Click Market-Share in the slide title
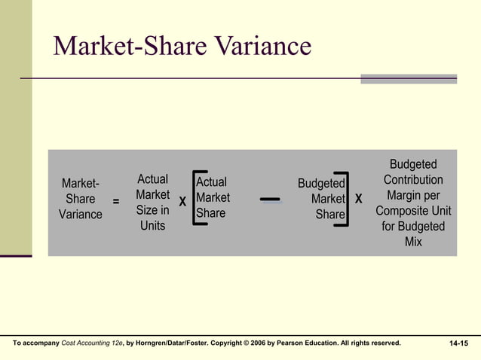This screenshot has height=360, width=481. (x=130, y=47)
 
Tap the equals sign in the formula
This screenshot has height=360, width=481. (x=115, y=202)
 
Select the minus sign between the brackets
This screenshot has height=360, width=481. (x=270, y=200)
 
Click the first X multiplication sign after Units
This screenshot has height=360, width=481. (x=182, y=201)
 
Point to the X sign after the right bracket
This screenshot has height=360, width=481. (x=358, y=200)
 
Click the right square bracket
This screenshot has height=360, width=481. (x=346, y=199)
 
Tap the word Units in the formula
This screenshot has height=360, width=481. (x=152, y=226)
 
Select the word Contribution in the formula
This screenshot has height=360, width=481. (x=413, y=180)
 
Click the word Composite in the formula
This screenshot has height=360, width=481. (x=401, y=211)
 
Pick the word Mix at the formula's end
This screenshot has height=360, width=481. (x=413, y=242)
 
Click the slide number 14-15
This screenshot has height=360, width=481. (x=458, y=343)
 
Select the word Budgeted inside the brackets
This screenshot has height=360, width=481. (x=321, y=184)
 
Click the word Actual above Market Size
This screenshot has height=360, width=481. (x=152, y=179)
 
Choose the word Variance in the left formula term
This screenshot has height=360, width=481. (x=81, y=215)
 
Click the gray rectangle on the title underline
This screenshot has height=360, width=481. (x=409, y=79)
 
